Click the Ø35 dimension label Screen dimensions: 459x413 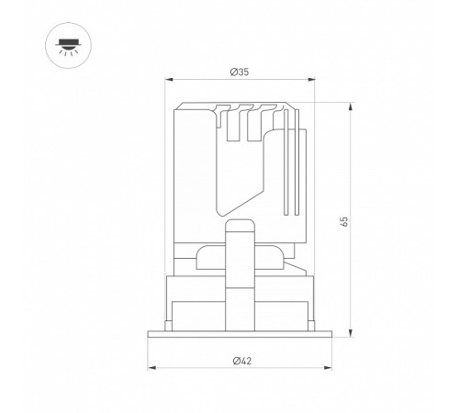[x=240, y=73]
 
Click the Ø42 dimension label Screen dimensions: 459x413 [x=241, y=361]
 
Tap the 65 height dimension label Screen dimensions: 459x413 [x=344, y=221]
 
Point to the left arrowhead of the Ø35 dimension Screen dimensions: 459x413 [x=169, y=80]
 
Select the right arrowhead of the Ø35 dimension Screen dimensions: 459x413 [x=311, y=80]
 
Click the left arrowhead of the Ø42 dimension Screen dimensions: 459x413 [x=152, y=367]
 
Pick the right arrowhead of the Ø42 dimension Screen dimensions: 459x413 [x=328, y=367]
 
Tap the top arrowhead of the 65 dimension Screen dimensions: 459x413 [x=351, y=107]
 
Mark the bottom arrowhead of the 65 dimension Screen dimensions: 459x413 [x=351, y=333]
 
